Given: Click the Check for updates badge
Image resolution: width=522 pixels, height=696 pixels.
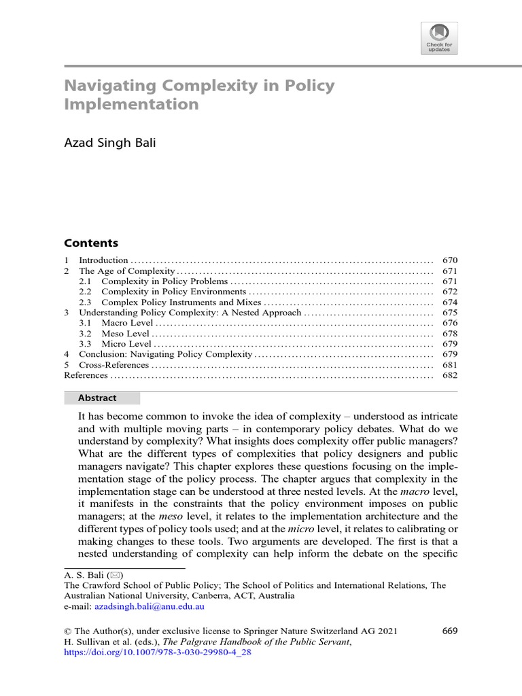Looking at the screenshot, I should click(440, 38).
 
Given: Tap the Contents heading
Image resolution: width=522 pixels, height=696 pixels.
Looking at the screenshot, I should click(90, 243).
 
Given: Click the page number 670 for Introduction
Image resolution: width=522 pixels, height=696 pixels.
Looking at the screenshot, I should click(449, 260).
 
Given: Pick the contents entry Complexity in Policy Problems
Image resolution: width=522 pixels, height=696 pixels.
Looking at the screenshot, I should click(164, 281).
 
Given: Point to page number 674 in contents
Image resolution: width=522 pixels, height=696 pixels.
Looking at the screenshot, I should click(449, 302).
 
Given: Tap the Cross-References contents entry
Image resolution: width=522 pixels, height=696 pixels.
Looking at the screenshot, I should click(114, 366).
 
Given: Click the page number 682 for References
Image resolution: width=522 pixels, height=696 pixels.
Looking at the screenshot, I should click(449, 376).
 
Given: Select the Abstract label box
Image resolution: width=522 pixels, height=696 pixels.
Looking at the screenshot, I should click(101, 398).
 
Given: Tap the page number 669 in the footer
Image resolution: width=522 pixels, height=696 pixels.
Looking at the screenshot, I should click(449, 631).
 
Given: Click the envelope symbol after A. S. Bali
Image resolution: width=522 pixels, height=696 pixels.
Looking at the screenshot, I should click(107, 574).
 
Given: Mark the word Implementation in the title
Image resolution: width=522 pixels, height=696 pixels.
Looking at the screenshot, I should click(131, 105).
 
